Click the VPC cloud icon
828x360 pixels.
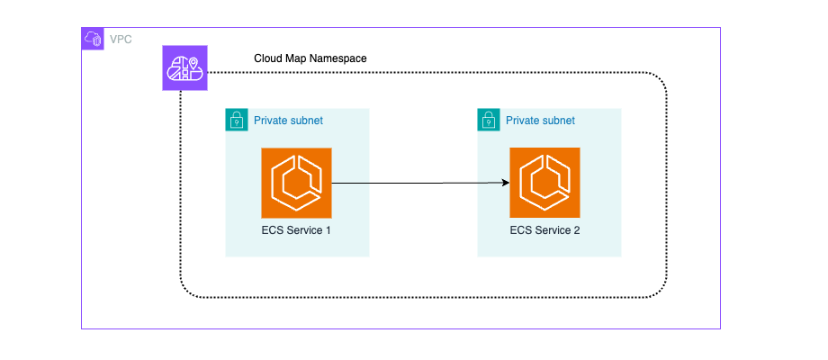[x=93, y=39]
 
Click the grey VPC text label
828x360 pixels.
[x=120, y=39]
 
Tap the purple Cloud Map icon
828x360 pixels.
[x=184, y=67]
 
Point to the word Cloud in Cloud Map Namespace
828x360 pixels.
[x=269, y=58]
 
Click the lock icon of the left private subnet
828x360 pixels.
[x=236, y=119]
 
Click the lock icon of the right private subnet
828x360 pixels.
[x=488, y=119]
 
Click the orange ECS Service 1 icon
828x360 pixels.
[x=296, y=183]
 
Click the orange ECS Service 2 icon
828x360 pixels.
[x=544, y=183]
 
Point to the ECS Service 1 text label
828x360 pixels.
[x=296, y=230]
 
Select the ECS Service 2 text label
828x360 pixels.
[x=544, y=230]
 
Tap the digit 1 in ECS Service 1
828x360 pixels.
[x=329, y=230]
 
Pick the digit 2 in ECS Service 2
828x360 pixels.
[x=577, y=230]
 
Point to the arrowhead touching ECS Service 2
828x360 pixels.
[x=505, y=183]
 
